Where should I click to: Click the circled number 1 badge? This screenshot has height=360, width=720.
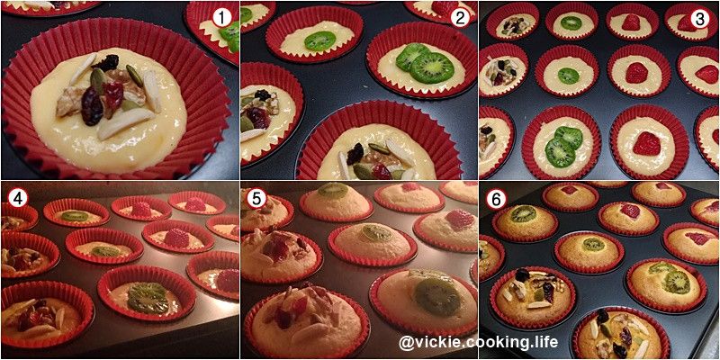[x=221, y=18]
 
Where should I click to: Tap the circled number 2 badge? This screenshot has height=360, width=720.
[x=460, y=18]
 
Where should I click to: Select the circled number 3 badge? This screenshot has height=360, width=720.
[x=699, y=18]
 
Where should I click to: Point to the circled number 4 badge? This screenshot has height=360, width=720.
[x=18, y=198]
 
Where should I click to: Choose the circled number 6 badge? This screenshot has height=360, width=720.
[x=497, y=198]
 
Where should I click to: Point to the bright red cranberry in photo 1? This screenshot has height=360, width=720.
[x=112, y=92]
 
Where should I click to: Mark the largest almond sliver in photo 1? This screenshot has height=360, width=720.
[x=124, y=122]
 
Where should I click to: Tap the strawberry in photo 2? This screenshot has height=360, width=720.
[x=444, y=7]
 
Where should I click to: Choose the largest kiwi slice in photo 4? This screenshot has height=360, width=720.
[x=148, y=297]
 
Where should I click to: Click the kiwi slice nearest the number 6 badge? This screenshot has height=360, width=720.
[x=524, y=213]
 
